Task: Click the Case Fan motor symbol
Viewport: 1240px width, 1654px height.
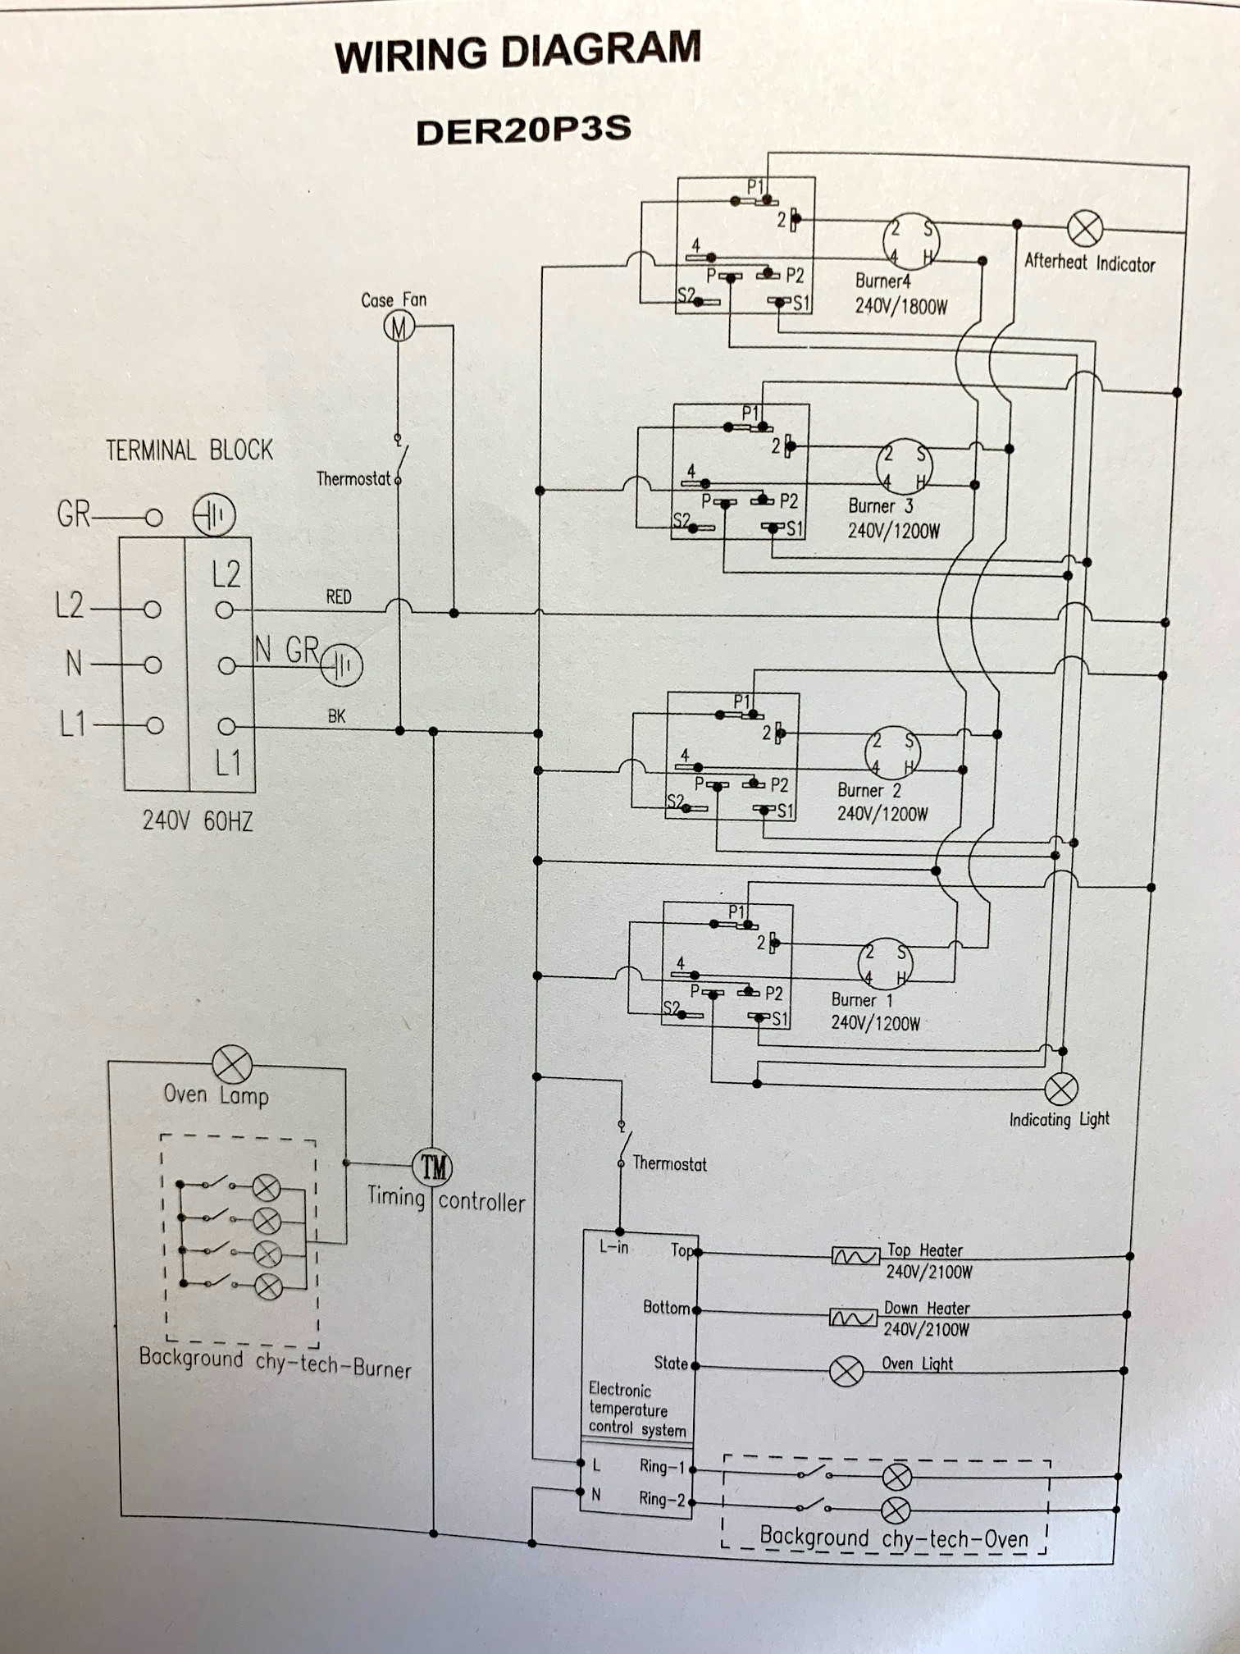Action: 399,327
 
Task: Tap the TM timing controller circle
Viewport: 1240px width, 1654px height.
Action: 432,1166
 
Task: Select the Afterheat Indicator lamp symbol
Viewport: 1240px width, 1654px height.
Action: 1085,227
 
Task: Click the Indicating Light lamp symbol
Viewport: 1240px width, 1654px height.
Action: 1060,1089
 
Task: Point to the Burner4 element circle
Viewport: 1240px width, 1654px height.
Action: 910,241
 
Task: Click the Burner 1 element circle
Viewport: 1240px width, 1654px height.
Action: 884,964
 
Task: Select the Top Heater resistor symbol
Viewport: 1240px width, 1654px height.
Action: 855,1256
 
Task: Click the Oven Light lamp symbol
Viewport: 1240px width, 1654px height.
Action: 846,1371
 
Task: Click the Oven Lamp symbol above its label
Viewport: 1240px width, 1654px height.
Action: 232,1065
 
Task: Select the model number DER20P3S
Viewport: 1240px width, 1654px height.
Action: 522,131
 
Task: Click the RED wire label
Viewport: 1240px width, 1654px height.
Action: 338,596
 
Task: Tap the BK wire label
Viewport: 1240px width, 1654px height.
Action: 336,715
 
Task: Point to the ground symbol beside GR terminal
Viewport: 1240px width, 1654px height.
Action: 213,515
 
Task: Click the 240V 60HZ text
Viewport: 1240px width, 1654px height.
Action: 197,820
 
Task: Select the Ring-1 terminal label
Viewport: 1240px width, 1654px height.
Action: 661,1465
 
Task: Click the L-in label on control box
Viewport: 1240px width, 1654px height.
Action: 613,1248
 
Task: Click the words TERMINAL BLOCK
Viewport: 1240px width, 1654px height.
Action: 189,450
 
